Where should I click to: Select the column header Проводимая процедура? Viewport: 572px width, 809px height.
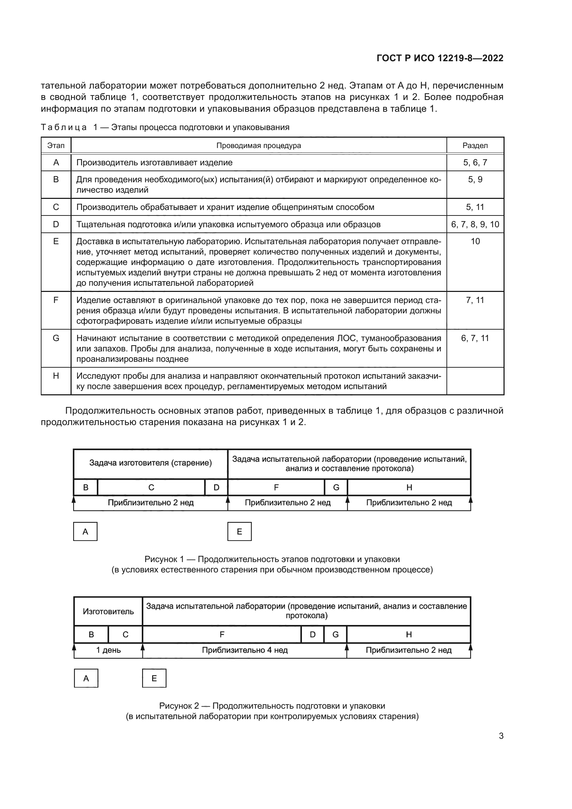tap(259, 146)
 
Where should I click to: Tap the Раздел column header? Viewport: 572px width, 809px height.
tap(475, 146)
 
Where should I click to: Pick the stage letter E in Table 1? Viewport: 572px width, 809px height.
tap(56, 242)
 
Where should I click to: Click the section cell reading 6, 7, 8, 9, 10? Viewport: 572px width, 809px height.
tap(475, 224)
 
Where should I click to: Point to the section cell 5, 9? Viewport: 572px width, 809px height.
tap(475, 180)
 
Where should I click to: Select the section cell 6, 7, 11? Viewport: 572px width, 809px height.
tap(475, 338)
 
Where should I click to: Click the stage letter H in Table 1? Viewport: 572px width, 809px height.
tap(56, 376)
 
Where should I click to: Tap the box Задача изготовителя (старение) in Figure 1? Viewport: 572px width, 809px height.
tap(150, 463)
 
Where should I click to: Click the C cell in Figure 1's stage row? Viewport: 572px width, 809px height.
tap(151, 487)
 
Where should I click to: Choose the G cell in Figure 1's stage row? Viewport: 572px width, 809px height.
tap(336, 487)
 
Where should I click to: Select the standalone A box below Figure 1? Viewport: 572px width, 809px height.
tap(85, 532)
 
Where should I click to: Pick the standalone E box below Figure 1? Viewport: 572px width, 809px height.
tap(240, 532)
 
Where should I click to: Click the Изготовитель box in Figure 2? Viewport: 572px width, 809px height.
tap(108, 611)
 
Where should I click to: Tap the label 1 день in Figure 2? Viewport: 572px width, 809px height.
tap(109, 650)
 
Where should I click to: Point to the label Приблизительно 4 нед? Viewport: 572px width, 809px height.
tap(245, 650)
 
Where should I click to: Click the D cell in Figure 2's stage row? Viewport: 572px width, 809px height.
tap(312, 635)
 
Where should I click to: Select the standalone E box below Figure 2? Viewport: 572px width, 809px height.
tap(154, 678)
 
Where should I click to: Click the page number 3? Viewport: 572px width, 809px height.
tap(501, 736)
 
